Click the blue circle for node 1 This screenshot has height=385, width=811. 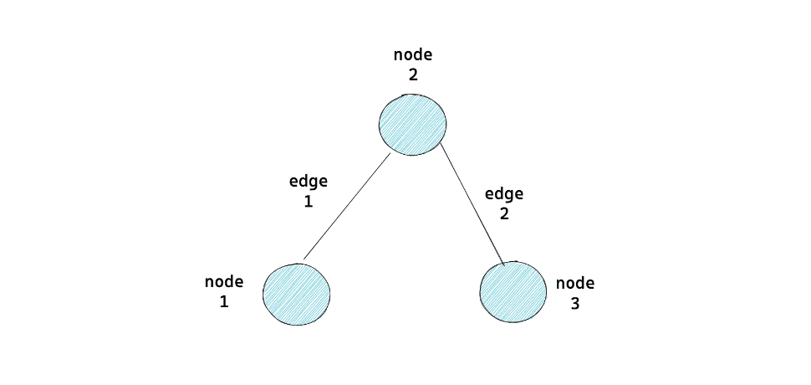(x=297, y=294)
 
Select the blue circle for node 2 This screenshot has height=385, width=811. (x=412, y=124)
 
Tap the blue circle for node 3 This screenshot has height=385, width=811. (x=513, y=292)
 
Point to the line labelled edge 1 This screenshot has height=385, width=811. (x=347, y=207)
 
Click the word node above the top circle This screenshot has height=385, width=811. (x=414, y=55)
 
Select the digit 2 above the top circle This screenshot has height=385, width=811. (x=413, y=74)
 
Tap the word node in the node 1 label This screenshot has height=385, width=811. (x=224, y=282)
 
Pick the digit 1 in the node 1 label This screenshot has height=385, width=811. (x=224, y=302)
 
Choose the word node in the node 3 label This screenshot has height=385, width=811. (x=575, y=284)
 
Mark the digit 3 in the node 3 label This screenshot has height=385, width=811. (x=575, y=304)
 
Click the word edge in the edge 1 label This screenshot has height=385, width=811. (x=309, y=182)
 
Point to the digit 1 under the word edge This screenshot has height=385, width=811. (x=309, y=202)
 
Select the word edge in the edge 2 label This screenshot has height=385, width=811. (x=504, y=194)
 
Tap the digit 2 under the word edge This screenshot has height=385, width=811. (x=504, y=214)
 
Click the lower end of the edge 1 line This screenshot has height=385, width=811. (x=303, y=259)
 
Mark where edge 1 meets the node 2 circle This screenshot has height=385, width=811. (x=390, y=153)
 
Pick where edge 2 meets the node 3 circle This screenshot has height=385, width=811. (x=503, y=263)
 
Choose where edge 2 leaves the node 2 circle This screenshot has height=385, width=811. (x=441, y=143)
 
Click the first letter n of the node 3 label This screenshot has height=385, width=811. (x=561, y=284)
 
